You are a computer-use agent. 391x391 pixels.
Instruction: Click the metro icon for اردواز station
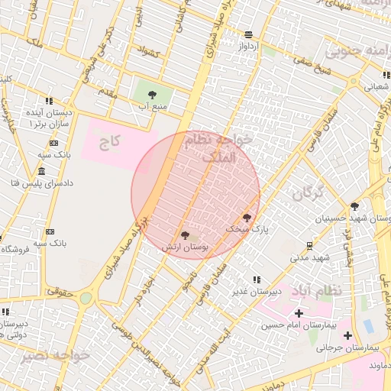click(248, 34)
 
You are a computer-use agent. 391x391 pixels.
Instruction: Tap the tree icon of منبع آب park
click(151, 95)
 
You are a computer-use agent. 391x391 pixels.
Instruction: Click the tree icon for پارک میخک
click(246, 218)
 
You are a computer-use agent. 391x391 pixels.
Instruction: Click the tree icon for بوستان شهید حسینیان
click(354, 206)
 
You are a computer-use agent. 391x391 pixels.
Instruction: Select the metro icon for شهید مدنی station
click(309, 245)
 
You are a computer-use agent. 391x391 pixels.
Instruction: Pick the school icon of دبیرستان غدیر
click(256, 280)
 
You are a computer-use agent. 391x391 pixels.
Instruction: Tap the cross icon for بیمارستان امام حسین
click(299, 313)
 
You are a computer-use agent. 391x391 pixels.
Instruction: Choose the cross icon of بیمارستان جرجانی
click(348, 335)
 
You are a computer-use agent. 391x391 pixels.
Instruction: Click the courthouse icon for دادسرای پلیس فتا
click(40, 171)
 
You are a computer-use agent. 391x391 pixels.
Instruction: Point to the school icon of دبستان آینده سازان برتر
click(49, 100)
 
